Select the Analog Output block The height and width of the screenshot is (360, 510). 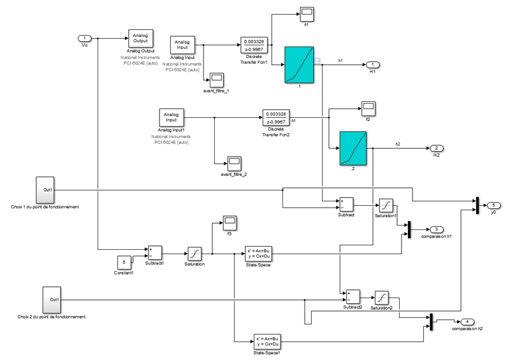tap(140, 38)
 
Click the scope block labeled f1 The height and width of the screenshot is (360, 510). tap(306, 13)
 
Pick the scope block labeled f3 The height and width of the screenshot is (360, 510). tap(228, 222)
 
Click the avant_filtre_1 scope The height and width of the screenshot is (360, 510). tap(217, 79)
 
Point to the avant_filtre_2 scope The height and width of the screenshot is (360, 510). tap(233, 161)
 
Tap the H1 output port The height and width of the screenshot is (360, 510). tap(374, 65)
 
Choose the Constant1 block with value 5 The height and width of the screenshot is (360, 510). tap(124, 261)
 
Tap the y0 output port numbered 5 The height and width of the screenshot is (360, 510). tap(493, 205)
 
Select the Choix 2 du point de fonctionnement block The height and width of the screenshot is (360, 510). tap(51, 300)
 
